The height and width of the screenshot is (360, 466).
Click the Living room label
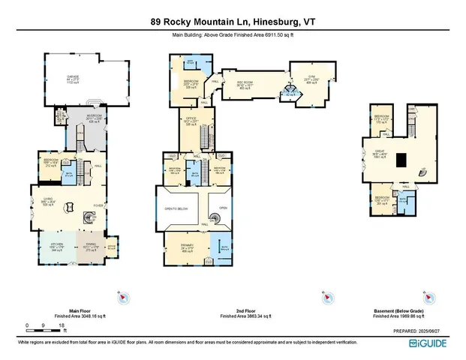point(48,200)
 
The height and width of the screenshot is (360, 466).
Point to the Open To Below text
point(175,208)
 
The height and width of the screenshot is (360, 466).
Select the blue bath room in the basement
point(402,199)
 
